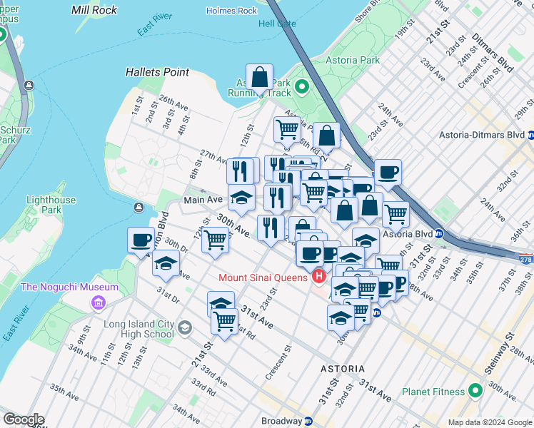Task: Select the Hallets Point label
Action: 157,72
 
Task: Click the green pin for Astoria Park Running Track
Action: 301,87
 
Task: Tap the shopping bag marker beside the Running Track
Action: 260,76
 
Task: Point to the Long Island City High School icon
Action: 185,328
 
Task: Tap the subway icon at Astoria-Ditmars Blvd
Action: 530,134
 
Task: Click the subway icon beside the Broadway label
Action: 307,422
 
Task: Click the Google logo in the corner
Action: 24,419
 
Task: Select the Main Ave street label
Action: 203,200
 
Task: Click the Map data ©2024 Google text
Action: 489,422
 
